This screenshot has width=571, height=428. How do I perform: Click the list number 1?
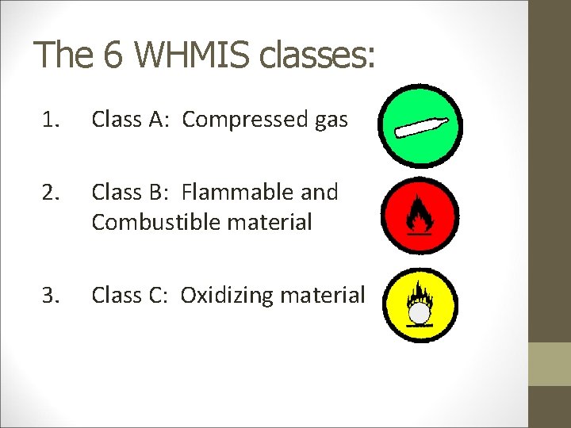pyautogui.click(x=52, y=120)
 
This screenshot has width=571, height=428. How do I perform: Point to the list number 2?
pyautogui.click(x=52, y=192)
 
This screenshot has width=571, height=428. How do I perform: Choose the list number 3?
pyautogui.click(x=52, y=296)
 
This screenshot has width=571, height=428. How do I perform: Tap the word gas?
pyautogui.click(x=331, y=120)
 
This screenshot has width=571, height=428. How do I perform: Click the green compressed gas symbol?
pyautogui.click(x=420, y=126)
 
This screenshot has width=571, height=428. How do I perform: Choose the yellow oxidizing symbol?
pyautogui.click(x=420, y=306)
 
